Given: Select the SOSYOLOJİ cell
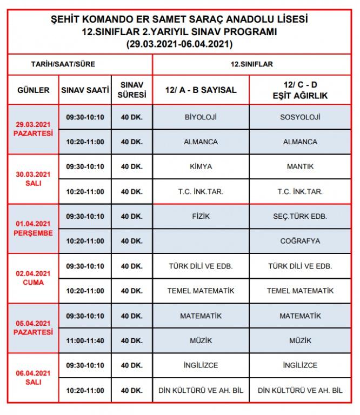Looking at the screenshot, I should tap(301, 117).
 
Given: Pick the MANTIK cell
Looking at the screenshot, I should tap(301, 166).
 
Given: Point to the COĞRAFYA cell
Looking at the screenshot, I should tap(301, 241).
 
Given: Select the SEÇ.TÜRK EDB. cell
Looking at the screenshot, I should tap(301, 216).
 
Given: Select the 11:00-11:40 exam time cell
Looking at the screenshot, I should tap(85, 340).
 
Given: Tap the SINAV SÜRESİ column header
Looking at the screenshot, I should tap(132, 90).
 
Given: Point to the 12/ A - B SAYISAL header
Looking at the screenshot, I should tap(201, 90).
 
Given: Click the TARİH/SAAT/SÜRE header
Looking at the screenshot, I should tap(63, 64).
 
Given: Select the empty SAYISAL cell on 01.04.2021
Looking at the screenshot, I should tap(201, 241).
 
